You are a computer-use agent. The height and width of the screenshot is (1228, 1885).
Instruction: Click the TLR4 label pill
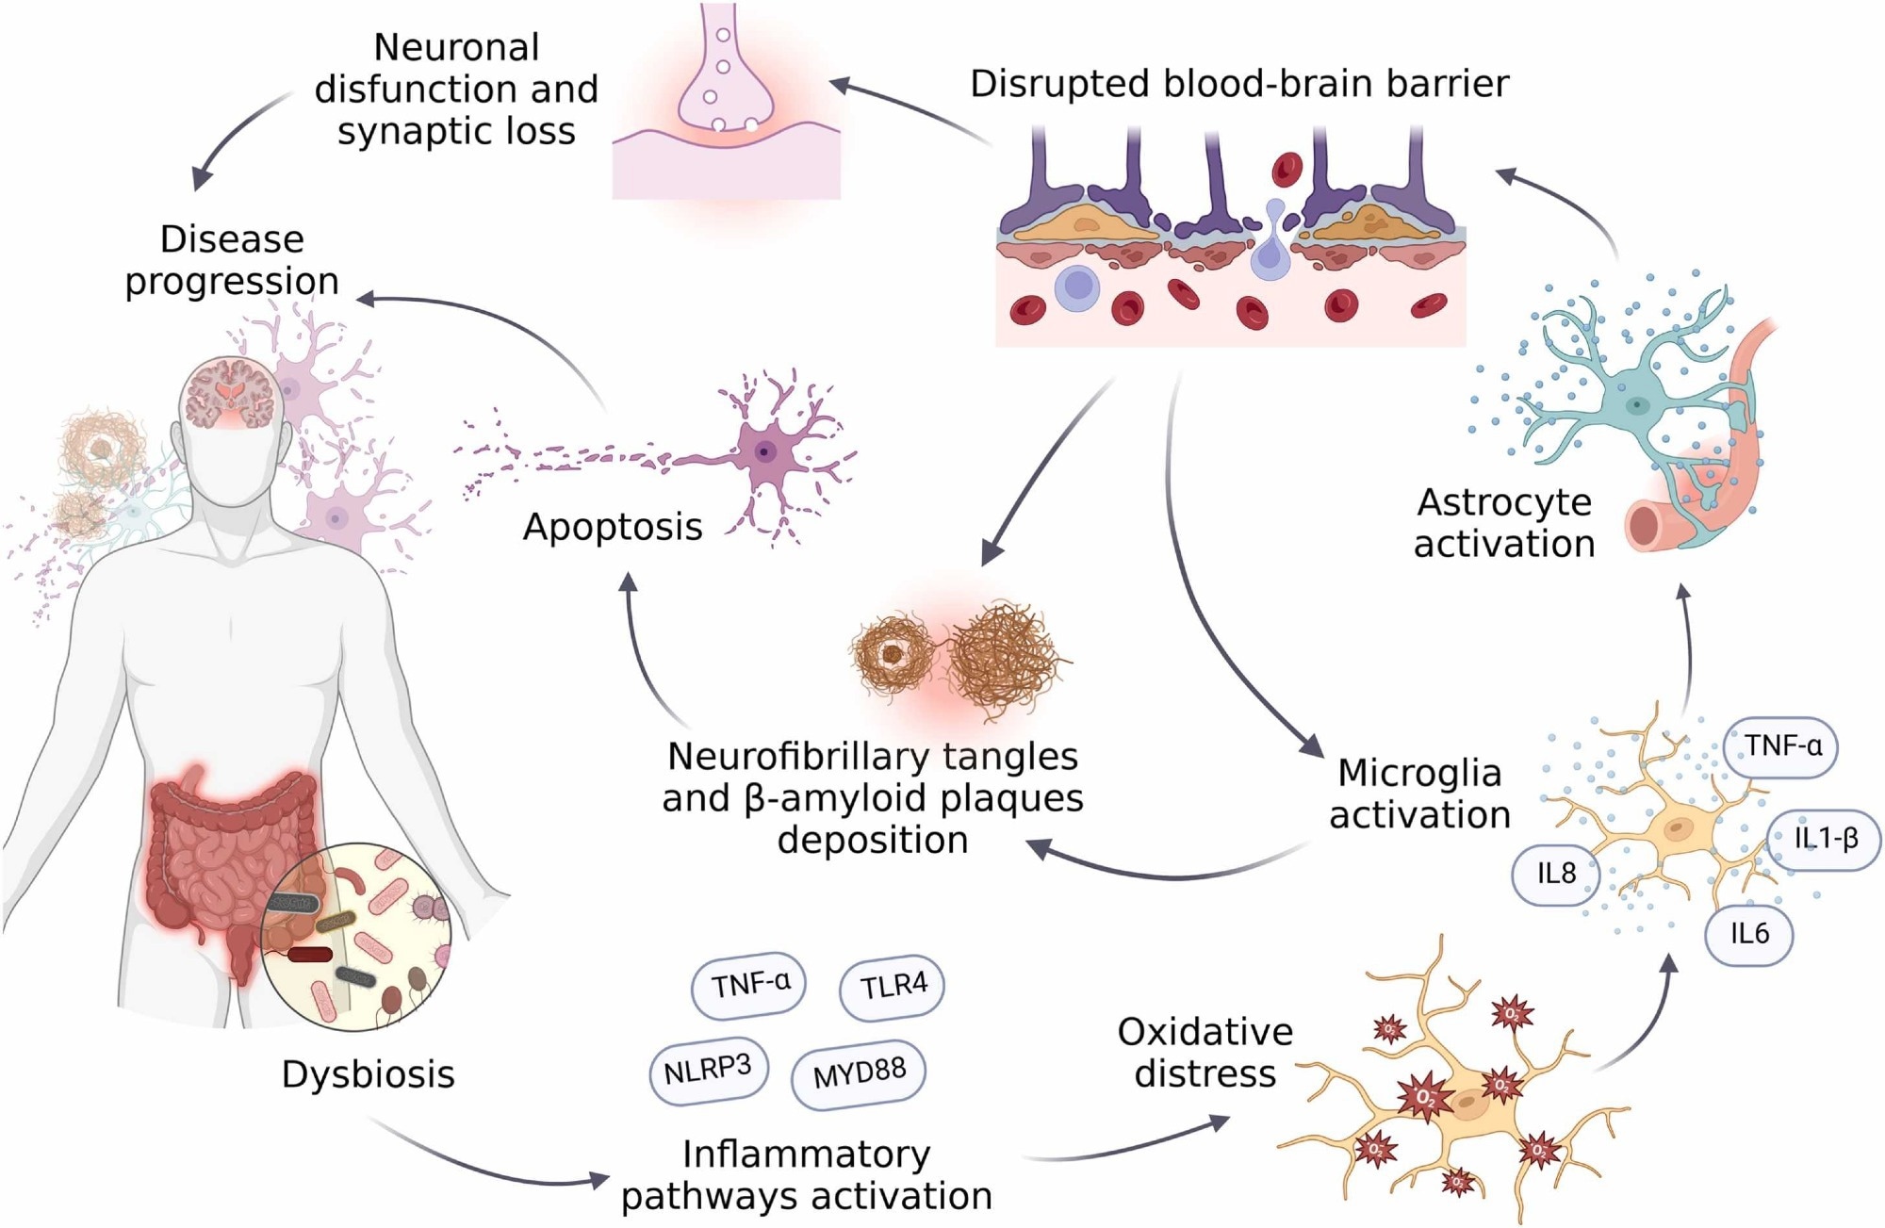[892, 987]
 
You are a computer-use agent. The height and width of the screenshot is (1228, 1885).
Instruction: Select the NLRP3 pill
[708, 1070]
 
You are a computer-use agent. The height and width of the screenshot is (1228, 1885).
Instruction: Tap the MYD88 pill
[859, 1072]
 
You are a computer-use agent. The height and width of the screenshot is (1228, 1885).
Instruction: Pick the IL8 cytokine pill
[1556, 874]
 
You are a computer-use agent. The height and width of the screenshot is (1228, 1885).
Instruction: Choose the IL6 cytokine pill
[1749, 933]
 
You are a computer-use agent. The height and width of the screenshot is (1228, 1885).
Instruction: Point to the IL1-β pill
[1825, 838]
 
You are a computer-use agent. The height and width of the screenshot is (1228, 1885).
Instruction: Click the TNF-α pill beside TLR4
[751, 985]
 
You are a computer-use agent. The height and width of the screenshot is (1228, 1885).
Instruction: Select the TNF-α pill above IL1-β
[1782, 746]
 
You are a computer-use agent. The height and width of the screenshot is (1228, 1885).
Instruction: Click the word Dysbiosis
[368, 1074]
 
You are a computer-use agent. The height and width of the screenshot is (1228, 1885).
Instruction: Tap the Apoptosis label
[613, 527]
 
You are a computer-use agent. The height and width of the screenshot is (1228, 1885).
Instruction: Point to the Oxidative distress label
[1205, 1053]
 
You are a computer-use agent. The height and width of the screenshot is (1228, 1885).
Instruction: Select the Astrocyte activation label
[1504, 523]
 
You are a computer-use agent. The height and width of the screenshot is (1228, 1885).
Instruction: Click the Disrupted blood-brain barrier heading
[1239, 84]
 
